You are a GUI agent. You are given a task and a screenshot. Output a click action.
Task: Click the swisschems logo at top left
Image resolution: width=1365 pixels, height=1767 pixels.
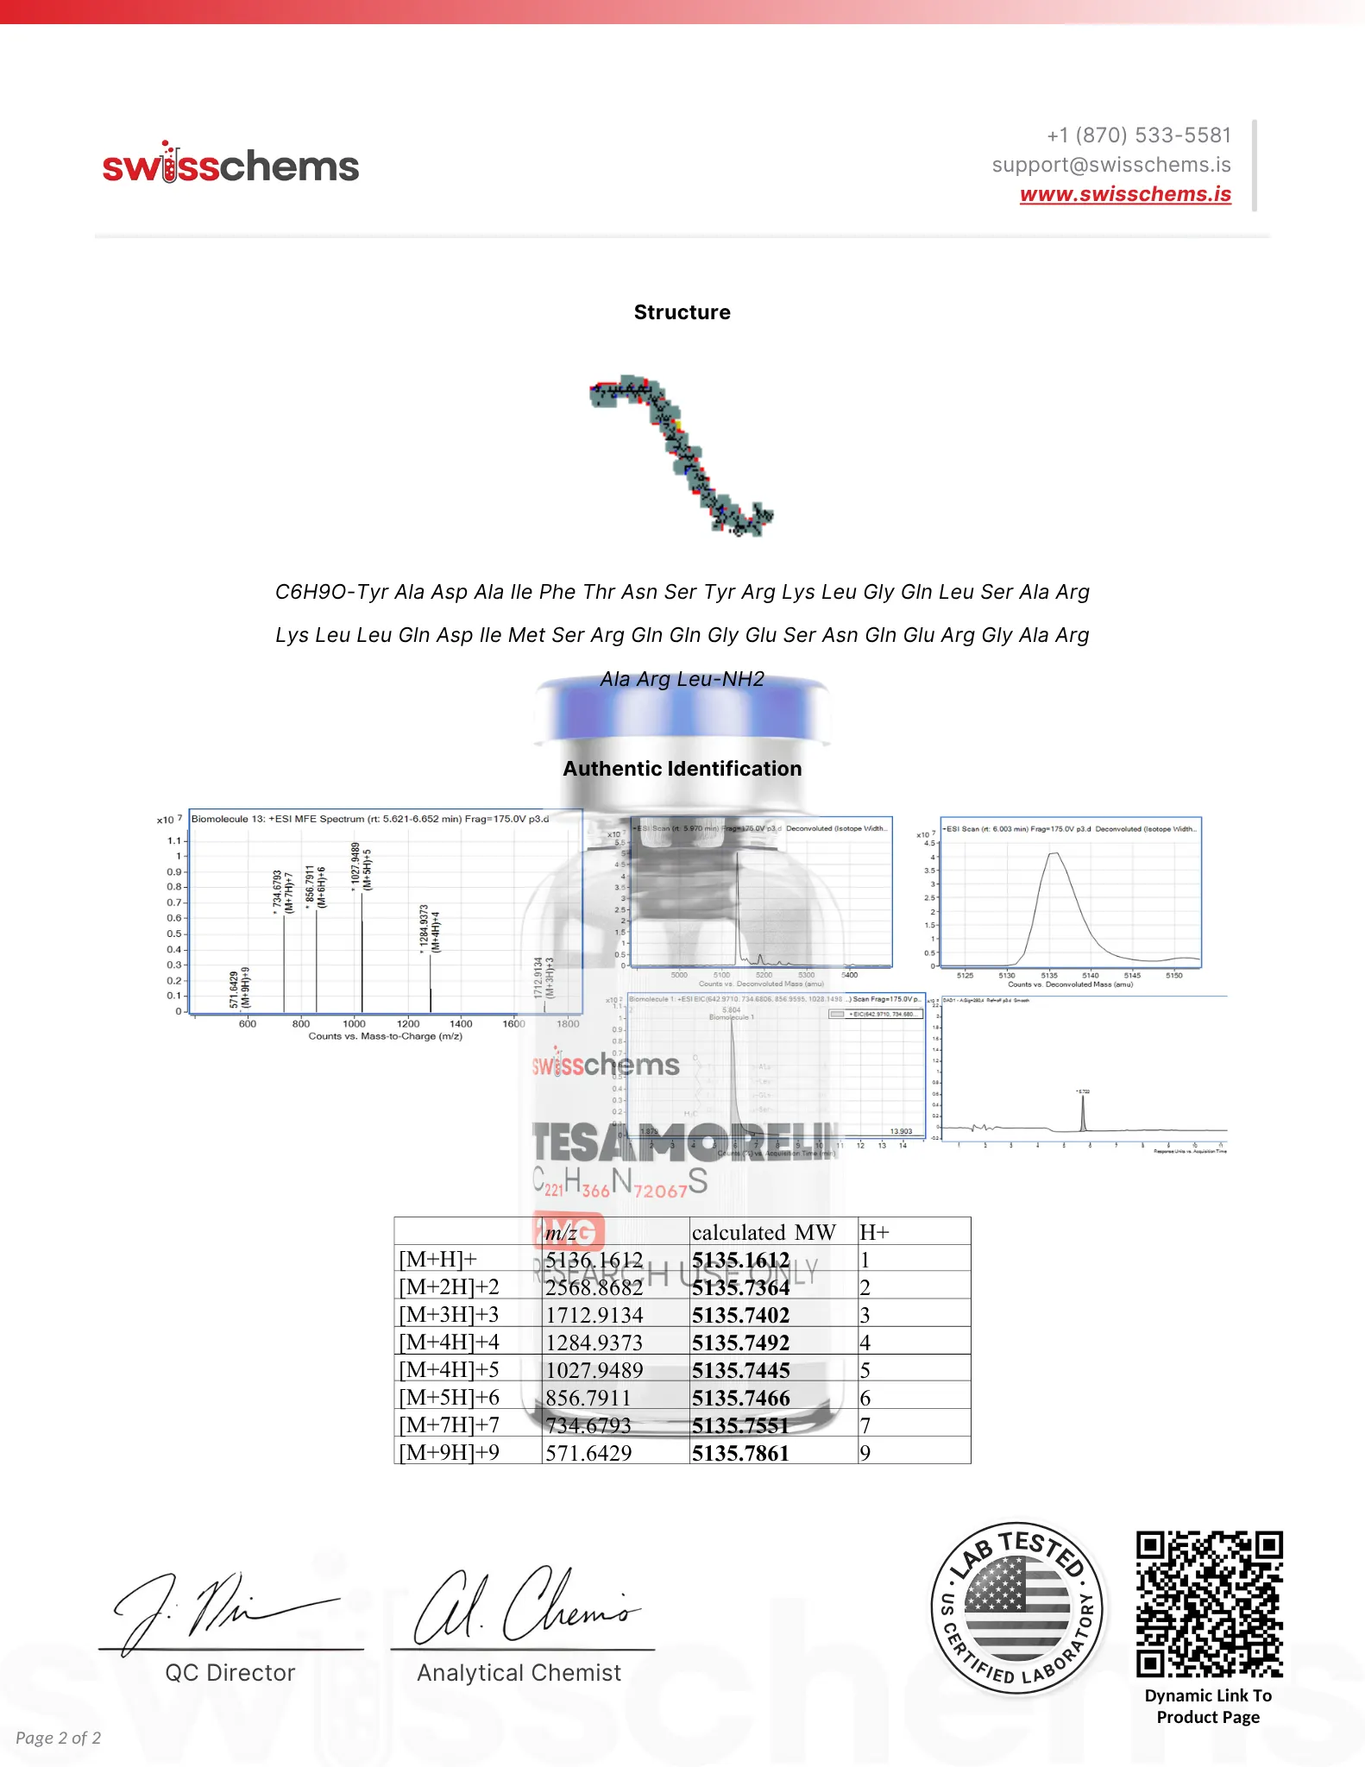tap(230, 164)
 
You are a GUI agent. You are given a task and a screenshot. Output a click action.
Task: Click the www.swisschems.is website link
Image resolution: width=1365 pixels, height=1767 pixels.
tap(1125, 194)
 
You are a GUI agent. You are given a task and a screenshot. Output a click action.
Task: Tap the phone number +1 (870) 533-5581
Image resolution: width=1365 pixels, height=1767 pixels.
tap(1139, 135)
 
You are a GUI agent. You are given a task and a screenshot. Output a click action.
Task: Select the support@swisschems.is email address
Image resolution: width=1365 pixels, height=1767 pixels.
tap(1111, 165)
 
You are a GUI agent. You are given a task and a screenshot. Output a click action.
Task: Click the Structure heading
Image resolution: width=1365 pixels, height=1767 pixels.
tap(682, 312)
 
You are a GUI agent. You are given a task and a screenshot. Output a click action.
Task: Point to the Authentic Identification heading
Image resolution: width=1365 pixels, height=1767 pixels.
tap(682, 769)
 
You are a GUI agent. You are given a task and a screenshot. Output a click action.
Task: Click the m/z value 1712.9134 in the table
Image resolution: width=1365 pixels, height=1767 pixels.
tap(594, 1315)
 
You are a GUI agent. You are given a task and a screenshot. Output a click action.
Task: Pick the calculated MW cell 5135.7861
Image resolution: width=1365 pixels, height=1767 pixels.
tap(740, 1453)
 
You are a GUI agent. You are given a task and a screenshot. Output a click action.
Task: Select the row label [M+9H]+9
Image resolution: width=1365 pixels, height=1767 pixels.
tap(449, 1453)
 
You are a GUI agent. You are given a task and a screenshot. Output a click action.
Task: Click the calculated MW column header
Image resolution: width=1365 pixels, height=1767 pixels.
tap(763, 1232)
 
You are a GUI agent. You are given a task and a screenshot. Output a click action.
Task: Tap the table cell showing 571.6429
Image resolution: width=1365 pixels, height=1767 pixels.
tap(588, 1453)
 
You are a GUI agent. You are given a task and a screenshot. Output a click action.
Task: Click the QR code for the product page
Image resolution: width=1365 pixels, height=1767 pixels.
tap(1208, 1604)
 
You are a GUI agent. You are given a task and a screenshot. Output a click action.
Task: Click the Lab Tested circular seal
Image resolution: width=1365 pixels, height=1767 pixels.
tap(1017, 1608)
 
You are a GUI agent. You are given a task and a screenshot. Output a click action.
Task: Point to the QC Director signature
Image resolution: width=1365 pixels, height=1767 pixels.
tap(226, 1609)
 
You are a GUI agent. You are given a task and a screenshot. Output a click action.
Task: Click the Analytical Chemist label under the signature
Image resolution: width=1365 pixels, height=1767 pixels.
tap(519, 1673)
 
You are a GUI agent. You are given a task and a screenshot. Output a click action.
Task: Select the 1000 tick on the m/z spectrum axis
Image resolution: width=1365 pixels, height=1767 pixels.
tap(354, 1024)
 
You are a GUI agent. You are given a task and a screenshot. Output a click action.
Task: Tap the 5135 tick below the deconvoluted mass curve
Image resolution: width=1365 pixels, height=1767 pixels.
tap(1048, 976)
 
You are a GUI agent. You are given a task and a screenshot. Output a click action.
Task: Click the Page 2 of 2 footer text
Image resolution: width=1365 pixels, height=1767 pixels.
tap(58, 1738)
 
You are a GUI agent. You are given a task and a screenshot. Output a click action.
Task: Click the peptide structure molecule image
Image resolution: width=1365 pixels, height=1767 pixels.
tap(682, 456)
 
